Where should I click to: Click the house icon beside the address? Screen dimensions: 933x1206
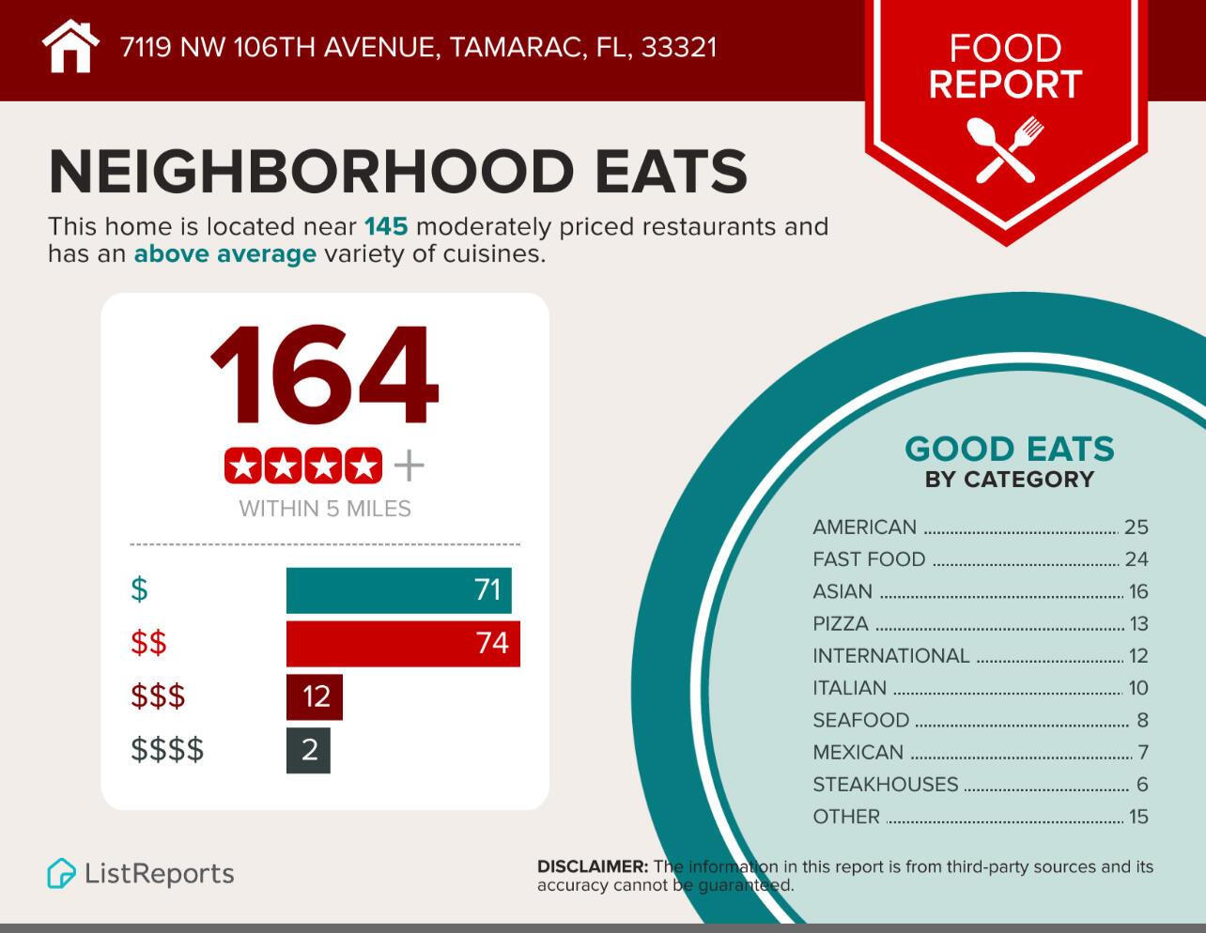70,46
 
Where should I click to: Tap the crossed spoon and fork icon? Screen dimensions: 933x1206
1005,148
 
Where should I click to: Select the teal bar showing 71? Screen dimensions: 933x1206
398,590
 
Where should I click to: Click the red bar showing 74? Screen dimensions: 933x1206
402,644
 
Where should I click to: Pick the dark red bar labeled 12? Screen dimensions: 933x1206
314,696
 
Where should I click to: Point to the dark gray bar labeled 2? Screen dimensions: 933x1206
308,750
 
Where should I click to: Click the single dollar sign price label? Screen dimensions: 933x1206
139,590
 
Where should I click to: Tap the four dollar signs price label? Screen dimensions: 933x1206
167,750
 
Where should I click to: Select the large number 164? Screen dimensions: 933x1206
324,376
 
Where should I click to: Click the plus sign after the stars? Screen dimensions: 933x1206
409,466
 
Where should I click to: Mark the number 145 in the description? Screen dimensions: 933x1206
385,227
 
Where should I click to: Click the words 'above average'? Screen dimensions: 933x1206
224,254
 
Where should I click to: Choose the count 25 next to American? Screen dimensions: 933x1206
1136,528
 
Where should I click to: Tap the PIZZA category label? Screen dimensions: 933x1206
841,624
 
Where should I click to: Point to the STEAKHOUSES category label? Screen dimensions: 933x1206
885,785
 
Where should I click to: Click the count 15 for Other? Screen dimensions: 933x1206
1138,817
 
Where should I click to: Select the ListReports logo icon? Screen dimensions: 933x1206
61,874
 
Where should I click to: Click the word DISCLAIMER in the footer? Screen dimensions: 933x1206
592,867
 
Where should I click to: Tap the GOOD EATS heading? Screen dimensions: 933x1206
1009,449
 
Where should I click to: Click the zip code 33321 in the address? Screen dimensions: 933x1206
678,47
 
